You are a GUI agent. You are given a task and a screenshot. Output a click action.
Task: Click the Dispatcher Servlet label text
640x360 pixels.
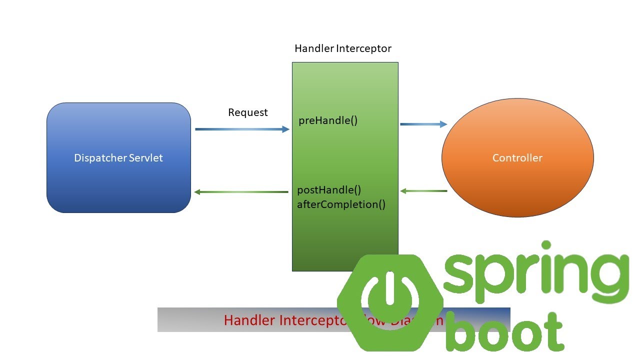click(x=118, y=158)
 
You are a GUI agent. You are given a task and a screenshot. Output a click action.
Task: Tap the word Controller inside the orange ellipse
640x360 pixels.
click(x=517, y=158)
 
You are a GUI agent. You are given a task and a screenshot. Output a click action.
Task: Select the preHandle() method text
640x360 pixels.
click(x=328, y=120)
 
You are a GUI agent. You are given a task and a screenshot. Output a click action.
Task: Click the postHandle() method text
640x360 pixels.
click(x=329, y=190)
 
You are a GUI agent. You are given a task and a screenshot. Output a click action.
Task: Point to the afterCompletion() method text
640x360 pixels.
click(x=341, y=204)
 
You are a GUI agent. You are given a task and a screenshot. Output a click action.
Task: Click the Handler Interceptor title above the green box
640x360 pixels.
click(x=342, y=48)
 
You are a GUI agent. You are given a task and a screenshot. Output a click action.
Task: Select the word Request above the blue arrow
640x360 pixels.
click(x=248, y=112)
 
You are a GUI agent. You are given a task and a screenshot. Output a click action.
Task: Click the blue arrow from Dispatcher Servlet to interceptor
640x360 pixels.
click(x=242, y=129)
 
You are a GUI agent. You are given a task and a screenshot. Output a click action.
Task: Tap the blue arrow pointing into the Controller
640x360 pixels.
click(x=423, y=124)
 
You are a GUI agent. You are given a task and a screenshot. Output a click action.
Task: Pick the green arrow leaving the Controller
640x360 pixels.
click(x=423, y=191)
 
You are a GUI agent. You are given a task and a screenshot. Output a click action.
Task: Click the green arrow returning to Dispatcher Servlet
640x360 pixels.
click(x=241, y=192)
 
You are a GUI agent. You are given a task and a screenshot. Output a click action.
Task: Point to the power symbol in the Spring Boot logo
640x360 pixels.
click(x=390, y=298)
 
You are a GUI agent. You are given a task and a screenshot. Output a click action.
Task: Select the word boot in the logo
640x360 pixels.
click(x=505, y=332)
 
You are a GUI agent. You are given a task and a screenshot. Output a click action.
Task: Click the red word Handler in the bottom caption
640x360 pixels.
click(x=248, y=320)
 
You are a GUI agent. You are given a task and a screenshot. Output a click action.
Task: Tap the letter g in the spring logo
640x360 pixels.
click(x=608, y=280)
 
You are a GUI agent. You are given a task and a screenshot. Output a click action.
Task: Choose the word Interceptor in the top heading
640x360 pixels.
click(x=363, y=48)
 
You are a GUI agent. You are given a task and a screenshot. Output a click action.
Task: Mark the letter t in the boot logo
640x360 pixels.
click(x=552, y=330)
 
